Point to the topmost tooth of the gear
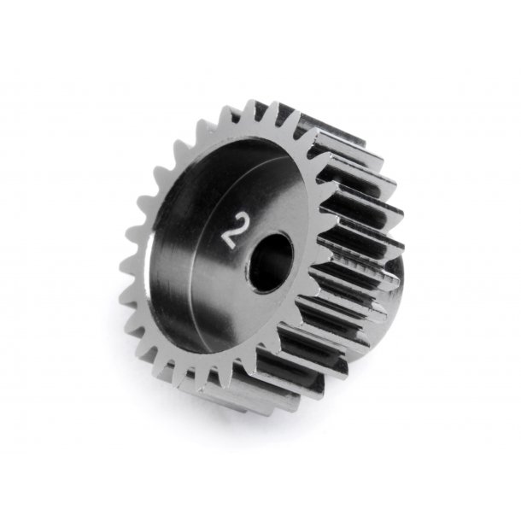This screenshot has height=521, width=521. tap(254, 109)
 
